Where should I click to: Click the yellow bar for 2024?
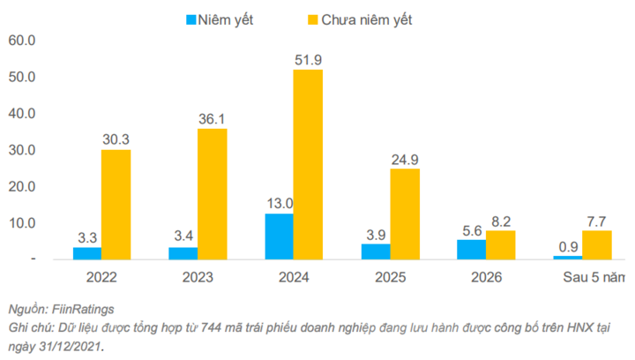click(308, 164)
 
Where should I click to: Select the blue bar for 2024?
click(279, 236)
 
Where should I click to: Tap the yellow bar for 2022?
click(116, 205)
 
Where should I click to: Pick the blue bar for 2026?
click(471, 250)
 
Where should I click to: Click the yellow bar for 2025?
click(404, 214)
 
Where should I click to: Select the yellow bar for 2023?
click(212, 194)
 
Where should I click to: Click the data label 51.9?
click(308, 59)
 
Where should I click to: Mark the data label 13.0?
click(279, 204)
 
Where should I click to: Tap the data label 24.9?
click(404, 159)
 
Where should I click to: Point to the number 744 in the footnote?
click(211, 328)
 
